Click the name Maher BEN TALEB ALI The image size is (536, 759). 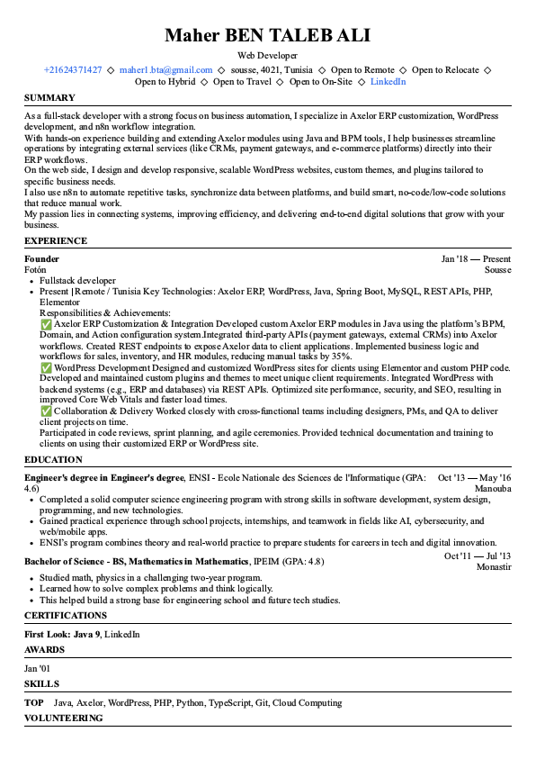(268, 36)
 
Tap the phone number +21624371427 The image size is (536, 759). (72, 69)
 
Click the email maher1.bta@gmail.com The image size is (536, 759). (165, 69)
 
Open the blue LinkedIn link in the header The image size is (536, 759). (388, 81)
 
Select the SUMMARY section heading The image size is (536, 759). (49, 97)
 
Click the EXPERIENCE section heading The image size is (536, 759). (56, 241)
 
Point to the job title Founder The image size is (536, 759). (41, 258)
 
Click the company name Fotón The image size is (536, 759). (35, 269)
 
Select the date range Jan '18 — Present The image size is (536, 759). (476, 258)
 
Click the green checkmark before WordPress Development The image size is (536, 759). (46, 367)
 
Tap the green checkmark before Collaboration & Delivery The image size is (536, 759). (46, 411)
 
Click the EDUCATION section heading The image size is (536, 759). (53, 459)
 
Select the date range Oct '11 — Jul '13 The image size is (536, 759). (478, 556)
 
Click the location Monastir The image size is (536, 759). (493, 567)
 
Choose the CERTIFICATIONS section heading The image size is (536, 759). (66, 616)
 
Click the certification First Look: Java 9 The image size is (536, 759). (61, 635)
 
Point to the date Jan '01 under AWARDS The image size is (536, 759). (38, 668)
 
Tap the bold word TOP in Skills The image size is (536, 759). (34, 702)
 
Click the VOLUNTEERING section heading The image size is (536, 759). (63, 718)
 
